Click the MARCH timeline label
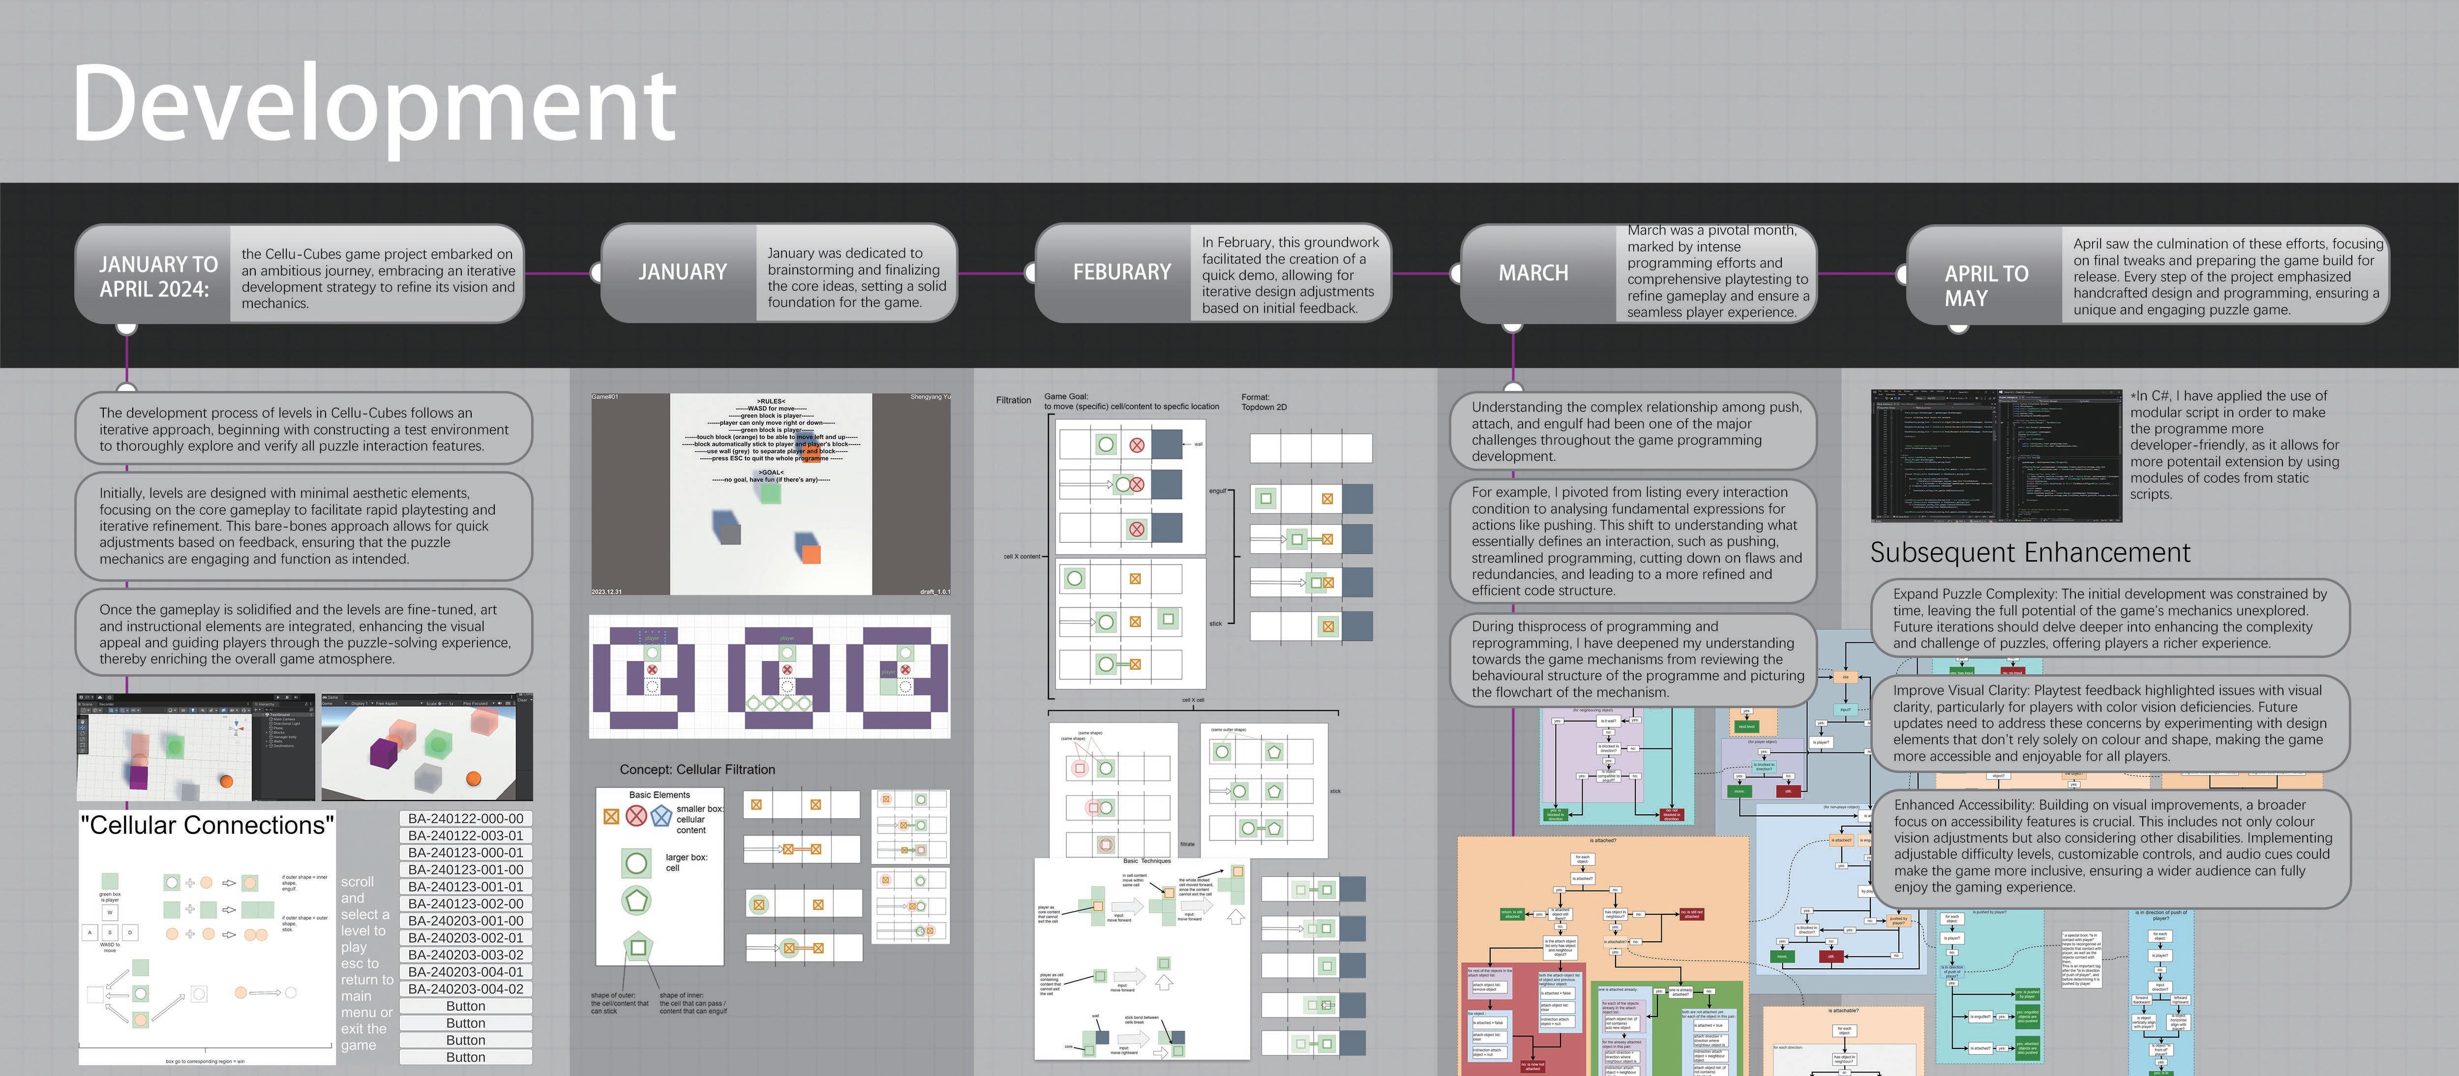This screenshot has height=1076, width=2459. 1533,273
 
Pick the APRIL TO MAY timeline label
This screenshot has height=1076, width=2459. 1985,285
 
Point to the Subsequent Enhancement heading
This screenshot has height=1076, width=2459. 2030,553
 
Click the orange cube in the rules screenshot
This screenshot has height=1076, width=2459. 810,553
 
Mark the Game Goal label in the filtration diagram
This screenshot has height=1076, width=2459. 1066,396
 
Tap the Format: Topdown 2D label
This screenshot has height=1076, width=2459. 1263,402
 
